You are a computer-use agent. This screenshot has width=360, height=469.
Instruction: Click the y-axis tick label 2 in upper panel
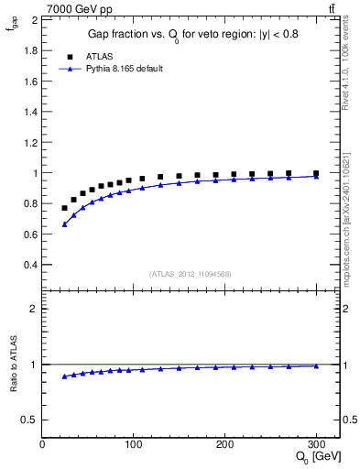tap(34, 19)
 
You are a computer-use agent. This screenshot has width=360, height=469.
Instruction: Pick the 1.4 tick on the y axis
tap(29, 111)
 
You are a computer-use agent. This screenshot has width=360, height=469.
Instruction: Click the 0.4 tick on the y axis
tap(29, 265)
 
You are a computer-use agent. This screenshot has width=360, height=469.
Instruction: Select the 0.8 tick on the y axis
tap(29, 203)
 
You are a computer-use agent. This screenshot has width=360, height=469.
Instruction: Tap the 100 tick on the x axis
tap(134, 444)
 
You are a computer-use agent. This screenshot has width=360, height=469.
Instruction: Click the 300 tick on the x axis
tap(316, 444)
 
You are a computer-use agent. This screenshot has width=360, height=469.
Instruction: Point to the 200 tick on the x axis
tap(224, 444)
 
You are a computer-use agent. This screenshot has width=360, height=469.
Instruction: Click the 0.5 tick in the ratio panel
tap(29, 420)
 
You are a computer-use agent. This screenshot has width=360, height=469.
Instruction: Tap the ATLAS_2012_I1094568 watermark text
tap(191, 274)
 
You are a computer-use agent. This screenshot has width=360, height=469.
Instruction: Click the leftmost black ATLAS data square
tap(64, 208)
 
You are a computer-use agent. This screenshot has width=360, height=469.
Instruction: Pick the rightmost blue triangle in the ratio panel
tap(316, 365)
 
